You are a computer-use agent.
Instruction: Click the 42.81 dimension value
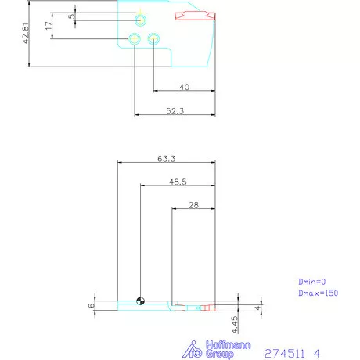tap(26, 32)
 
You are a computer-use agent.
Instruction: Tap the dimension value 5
tap(71, 16)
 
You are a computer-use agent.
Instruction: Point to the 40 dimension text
tap(185, 87)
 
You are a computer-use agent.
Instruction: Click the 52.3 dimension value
tap(175, 112)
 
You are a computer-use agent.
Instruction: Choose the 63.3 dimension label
tap(166, 158)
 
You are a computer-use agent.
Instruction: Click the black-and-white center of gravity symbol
tap(140, 301)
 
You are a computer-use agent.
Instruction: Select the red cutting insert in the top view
tap(194, 16)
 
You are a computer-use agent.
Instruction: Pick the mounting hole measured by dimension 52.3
tap(135, 38)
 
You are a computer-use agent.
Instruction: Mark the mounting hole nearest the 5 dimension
tap(139, 19)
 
